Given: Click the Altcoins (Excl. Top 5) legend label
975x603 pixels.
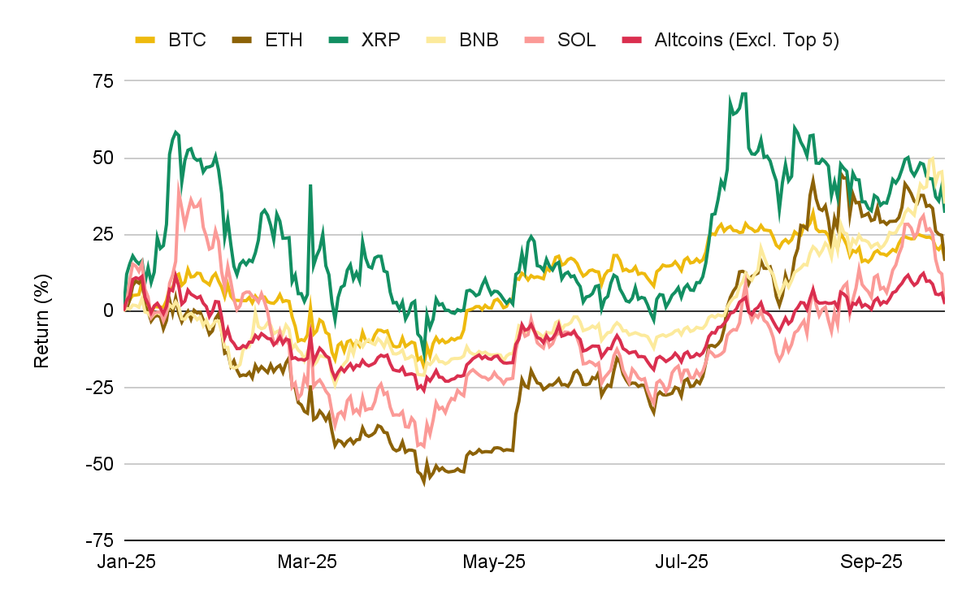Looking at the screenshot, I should point(746,39).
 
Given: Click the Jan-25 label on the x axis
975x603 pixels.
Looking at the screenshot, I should point(127,562).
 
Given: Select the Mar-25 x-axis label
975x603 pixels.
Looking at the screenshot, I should point(306,562).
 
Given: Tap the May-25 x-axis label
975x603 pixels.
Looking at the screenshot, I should point(492,562).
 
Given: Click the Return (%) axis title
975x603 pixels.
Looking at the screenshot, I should point(42,310).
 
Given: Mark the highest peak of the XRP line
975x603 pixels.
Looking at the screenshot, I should point(743,93).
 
